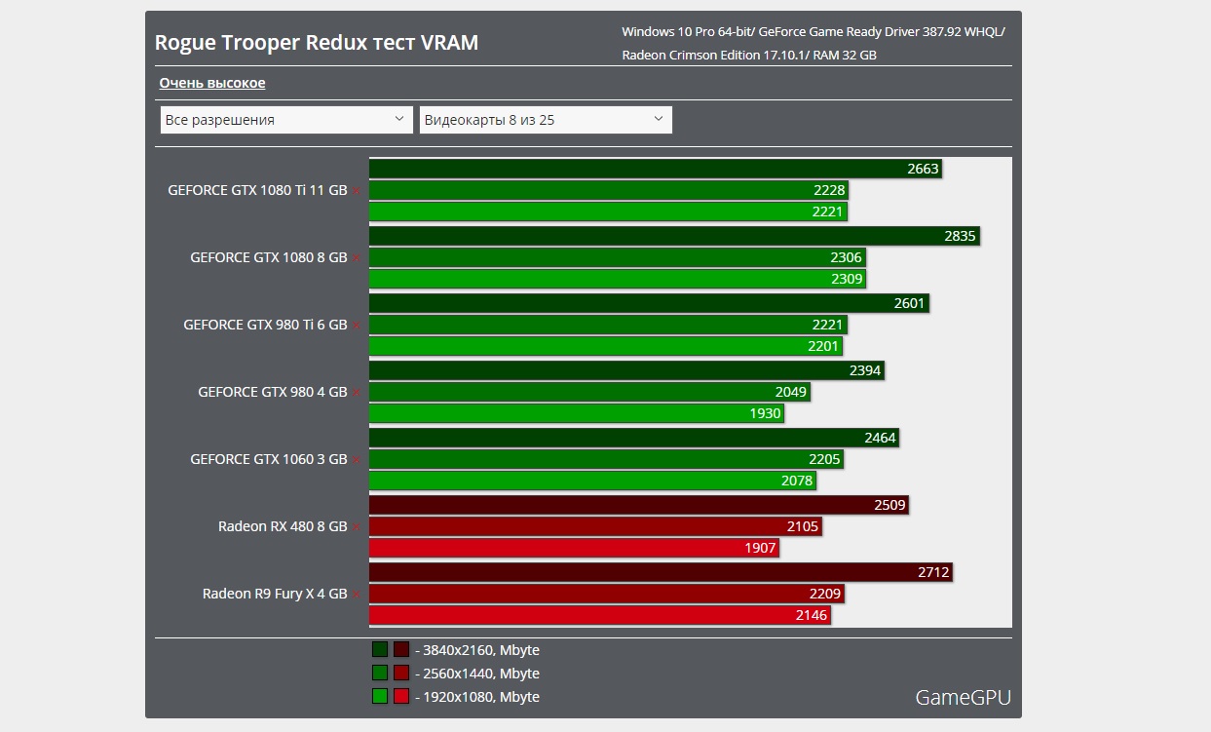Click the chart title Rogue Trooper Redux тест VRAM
pyautogui.click(x=317, y=44)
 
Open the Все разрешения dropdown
pyautogui.click(x=286, y=120)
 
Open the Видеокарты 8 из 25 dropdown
pyautogui.click(x=545, y=120)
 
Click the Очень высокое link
pyautogui.click(x=212, y=83)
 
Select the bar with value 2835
pyautogui.click(x=672, y=236)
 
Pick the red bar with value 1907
pyautogui.click(x=574, y=548)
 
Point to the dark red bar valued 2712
pyautogui.click(x=660, y=572)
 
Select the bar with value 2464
pyautogui.click(x=634, y=438)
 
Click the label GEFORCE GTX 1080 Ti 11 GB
pyautogui.click(x=257, y=191)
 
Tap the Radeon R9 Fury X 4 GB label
pyautogui.click(x=275, y=594)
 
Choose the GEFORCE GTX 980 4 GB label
pyautogui.click(x=273, y=392)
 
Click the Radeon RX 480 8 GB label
pyautogui.click(x=283, y=526)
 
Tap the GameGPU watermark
pyautogui.click(x=963, y=697)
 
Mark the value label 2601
pyautogui.click(x=909, y=303)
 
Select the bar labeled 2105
pyautogui.click(x=595, y=526)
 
